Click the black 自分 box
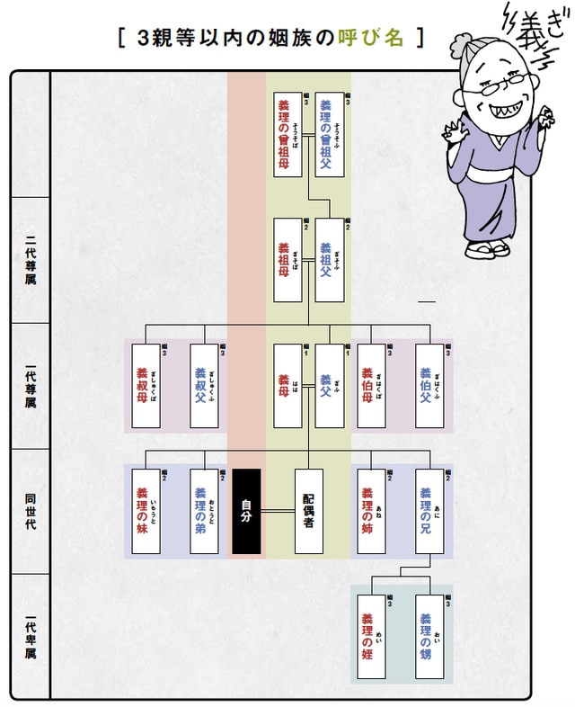pos(246,511)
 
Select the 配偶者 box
pos(308,511)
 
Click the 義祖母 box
pos(287,260)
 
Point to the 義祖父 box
pos(330,260)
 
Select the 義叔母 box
pos(146,386)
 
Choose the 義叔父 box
pos(204,386)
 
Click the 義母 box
pos(287,386)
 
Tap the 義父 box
pos(330,386)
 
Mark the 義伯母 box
pos(371,386)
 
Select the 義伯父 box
pos(429,386)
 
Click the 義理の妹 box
pos(146,511)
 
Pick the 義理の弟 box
pos(204,511)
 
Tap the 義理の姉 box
pos(371,511)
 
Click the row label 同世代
pos(31,511)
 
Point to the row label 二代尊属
pos(31,260)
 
